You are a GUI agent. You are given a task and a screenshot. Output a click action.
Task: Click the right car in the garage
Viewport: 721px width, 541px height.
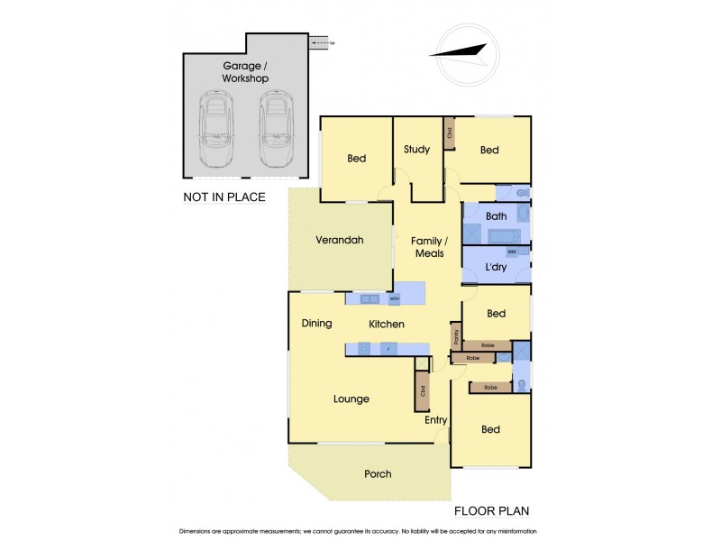(277, 129)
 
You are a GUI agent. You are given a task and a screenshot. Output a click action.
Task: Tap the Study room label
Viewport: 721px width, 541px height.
(416, 150)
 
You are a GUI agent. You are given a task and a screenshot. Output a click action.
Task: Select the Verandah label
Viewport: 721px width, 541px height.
(339, 241)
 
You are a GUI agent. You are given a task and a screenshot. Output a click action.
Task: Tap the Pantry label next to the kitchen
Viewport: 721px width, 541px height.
(457, 336)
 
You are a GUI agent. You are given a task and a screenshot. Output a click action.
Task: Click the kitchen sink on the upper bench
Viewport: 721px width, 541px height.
(368, 298)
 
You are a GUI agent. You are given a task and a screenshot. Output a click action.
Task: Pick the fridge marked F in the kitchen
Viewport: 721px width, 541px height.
(388, 349)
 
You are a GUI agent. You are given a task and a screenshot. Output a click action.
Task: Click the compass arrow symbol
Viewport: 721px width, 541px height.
(462, 51)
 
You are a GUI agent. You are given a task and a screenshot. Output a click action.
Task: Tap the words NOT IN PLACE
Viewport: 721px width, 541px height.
(224, 197)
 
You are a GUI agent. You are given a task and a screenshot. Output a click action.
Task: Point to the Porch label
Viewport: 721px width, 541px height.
(378, 473)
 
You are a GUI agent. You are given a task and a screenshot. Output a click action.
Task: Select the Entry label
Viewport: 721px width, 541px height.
(436, 420)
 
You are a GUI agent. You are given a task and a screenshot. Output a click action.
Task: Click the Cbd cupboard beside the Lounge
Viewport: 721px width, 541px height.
(422, 390)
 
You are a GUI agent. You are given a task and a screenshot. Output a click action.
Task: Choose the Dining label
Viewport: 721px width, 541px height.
(316, 324)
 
